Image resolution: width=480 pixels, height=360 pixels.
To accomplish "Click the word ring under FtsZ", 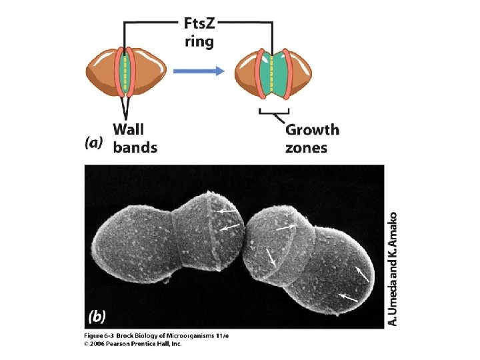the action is pos(199,43).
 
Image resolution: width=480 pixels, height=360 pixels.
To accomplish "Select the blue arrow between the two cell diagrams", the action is pos(197,71).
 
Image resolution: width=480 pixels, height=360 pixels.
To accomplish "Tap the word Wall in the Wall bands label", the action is pos(129,128).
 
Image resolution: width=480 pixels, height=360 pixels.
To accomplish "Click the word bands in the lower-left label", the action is pos(135,147).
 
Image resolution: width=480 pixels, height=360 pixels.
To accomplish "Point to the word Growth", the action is pos(312,129).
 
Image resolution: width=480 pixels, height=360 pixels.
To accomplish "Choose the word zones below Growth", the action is pos(307,147).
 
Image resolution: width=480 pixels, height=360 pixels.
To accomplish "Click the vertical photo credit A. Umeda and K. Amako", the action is pos(393,269).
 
